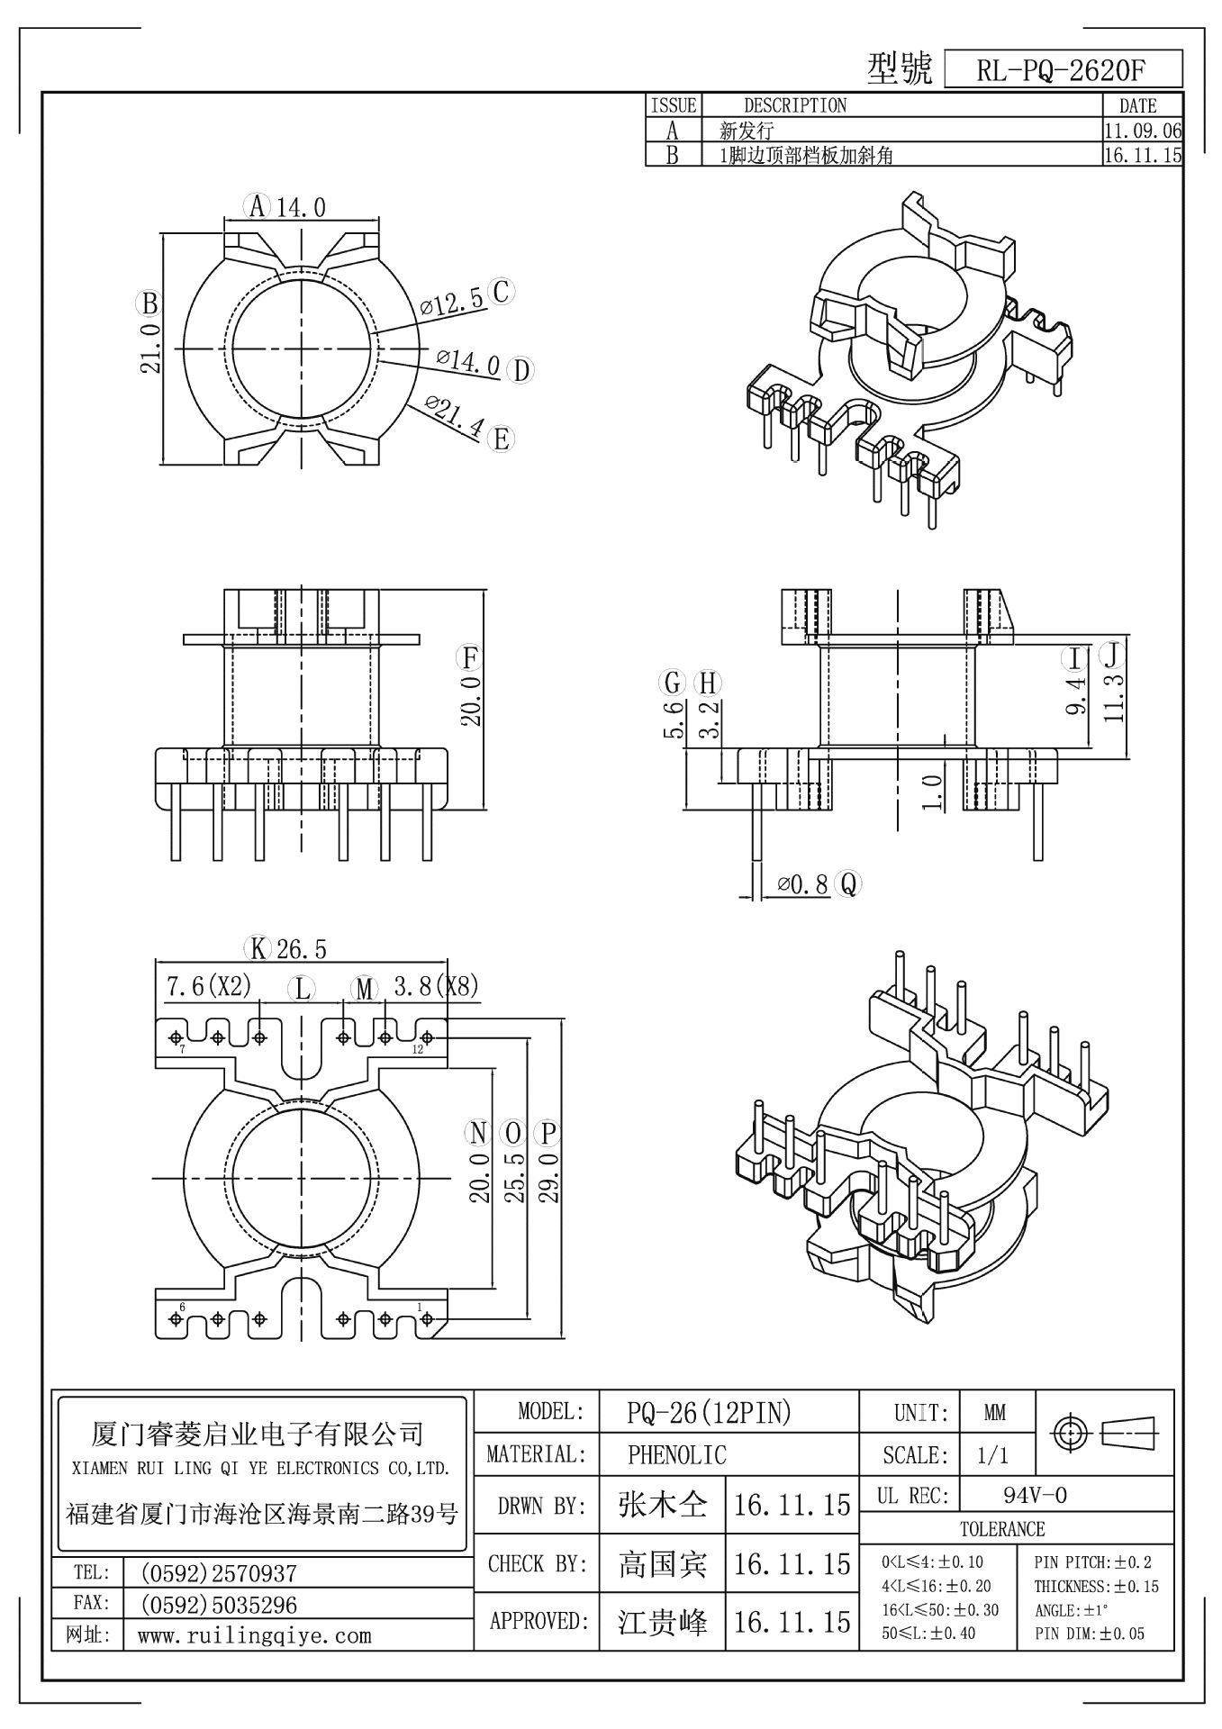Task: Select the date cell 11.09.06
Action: point(1142,131)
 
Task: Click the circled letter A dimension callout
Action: point(258,206)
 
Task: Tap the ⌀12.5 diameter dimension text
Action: point(452,302)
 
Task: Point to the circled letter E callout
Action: point(501,439)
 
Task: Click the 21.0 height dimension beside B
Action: point(150,348)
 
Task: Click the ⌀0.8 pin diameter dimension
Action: point(802,884)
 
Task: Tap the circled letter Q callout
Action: point(847,884)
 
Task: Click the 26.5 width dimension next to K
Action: point(302,948)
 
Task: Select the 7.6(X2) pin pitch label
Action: point(208,986)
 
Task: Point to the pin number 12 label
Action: point(417,1050)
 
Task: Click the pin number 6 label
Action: point(183,1306)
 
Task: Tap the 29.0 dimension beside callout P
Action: point(549,1176)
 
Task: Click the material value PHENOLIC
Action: point(676,1454)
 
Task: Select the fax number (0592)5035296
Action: point(219,1605)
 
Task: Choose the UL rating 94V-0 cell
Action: point(1035,1496)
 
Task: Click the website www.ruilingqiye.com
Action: point(254,1635)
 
